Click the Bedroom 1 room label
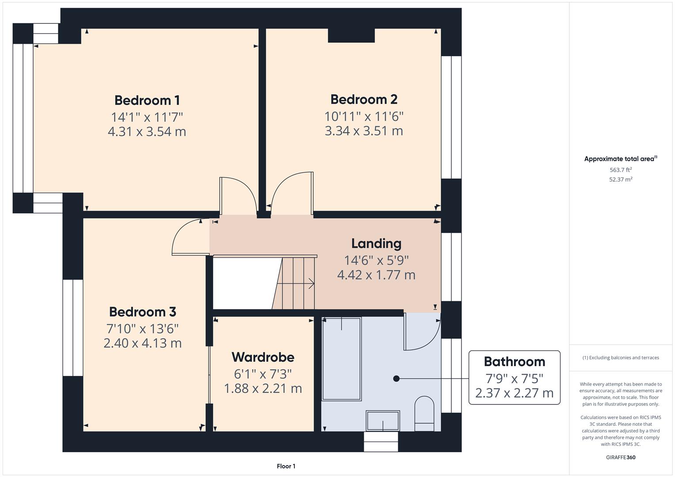click(147, 100)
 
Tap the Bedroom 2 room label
click(363, 99)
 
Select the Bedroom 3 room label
click(142, 312)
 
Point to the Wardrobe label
click(263, 357)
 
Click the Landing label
click(376, 243)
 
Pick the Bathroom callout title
click(514, 362)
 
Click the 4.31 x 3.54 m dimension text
click(147, 132)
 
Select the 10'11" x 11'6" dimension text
click(363, 116)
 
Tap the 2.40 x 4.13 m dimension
click(142, 343)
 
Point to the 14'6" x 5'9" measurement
click(376, 260)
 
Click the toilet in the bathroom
click(425, 413)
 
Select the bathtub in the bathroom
click(342, 359)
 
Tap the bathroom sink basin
click(383, 420)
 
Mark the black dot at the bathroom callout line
click(396, 379)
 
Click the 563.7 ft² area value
click(621, 170)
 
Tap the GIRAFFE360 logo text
click(621, 457)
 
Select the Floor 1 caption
click(286, 466)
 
